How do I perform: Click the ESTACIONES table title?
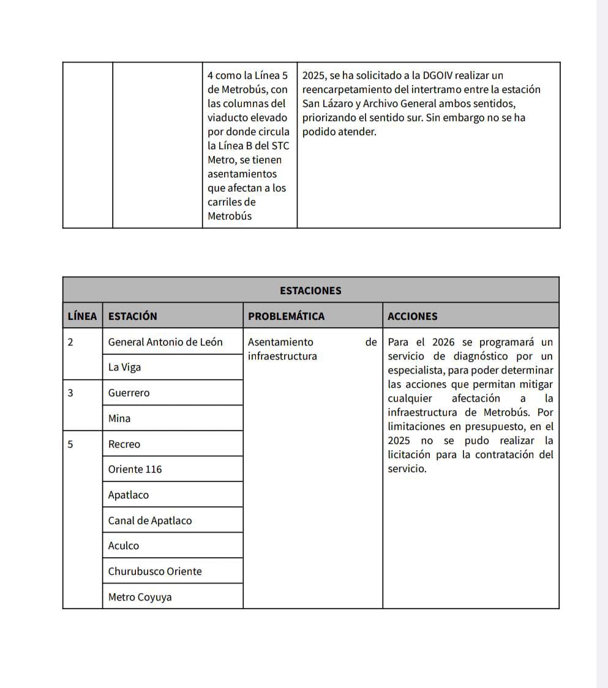pos(310,290)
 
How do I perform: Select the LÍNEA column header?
pos(82,316)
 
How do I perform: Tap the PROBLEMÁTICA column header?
pos(286,316)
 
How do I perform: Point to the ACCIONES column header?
pos(412,316)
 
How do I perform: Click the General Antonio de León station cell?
pos(165,342)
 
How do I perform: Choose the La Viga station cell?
pos(124,367)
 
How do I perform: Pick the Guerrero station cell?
pos(129,393)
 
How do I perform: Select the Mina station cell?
pos(119,418)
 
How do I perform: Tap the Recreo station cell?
pos(124,444)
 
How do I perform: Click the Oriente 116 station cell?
pos(135,469)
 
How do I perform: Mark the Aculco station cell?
pos(123,546)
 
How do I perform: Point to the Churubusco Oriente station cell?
pos(154,571)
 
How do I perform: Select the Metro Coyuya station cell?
pos(140,597)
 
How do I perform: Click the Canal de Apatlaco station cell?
pos(149,520)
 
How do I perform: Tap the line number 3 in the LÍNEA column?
pos(70,393)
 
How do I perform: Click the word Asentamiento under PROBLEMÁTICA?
pos(280,342)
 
